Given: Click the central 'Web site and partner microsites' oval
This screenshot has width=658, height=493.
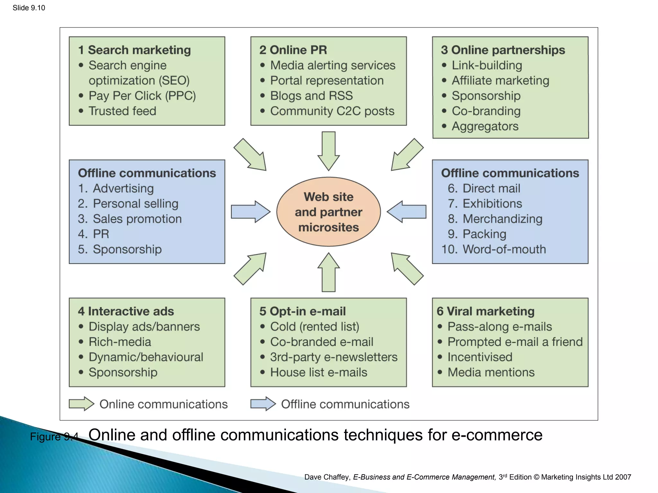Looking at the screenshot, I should click(328, 212).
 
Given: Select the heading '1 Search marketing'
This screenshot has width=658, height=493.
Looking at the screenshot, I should click(135, 50).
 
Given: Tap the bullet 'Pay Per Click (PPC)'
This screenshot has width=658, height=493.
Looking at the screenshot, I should click(142, 96).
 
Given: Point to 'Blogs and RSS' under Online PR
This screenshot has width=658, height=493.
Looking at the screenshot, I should click(311, 96).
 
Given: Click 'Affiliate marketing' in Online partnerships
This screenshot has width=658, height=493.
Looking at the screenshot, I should click(500, 81).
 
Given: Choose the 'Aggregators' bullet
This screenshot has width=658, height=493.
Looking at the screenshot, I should click(485, 126).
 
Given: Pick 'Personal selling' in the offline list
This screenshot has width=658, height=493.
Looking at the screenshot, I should click(135, 203).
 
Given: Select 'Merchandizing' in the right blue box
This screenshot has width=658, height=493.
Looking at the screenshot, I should click(502, 219).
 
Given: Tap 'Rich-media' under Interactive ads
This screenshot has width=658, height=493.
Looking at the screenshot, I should click(120, 342).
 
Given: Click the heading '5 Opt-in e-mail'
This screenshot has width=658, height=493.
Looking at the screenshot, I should click(302, 311).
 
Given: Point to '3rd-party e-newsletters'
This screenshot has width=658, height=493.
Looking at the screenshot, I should click(333, 357).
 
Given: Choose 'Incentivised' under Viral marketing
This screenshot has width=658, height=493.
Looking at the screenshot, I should click(480, 357).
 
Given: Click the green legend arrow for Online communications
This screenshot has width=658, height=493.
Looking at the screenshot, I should click(81, 404).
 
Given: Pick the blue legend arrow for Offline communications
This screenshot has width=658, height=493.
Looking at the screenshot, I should click(263, 404).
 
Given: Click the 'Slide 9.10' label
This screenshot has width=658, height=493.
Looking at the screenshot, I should click(29, 8).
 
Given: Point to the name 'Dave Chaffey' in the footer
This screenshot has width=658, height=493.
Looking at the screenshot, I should click(327, 477).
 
